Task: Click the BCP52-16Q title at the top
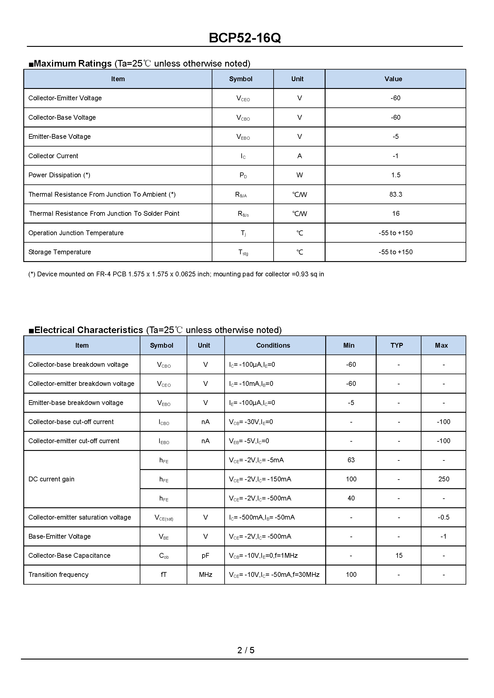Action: pos(245,38)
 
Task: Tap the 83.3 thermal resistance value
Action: pos(395,195)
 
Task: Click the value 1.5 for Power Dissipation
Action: pos(395,175)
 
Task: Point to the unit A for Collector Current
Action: pos(299,156)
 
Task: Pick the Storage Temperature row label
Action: pos(60,252)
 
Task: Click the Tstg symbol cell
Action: pos(243,252)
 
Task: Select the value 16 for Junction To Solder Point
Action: pos(395,214)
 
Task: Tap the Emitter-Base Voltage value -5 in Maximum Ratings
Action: pos(395,137)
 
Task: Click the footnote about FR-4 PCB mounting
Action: pos(176,274)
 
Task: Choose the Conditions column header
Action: pos(273,345)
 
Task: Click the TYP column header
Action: pos(396,345)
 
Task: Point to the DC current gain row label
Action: pos(51,479)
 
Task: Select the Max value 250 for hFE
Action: pos(444,479)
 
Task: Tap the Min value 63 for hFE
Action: pos(351,460)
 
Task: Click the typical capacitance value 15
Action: pos(399,555)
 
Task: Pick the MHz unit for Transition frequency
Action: pos(205,574)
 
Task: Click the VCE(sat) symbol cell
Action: pos(164,517)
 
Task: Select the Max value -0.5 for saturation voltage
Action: pos(443,517)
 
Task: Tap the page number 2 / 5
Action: pos(246,650)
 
